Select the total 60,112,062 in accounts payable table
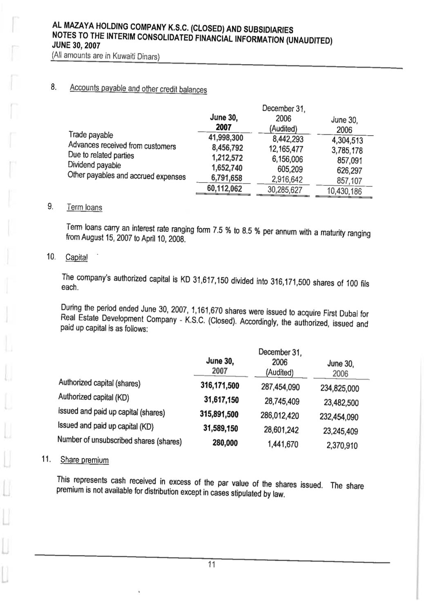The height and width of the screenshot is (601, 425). pos(224,189)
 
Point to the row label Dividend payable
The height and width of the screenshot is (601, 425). pos(94,165)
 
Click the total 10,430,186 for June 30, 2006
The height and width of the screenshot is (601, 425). pos(344,191)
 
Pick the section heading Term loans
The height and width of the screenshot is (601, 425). pos(85,208)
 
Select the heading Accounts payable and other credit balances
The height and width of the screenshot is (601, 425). pos(138,89)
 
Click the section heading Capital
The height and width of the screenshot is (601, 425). pos(76,257)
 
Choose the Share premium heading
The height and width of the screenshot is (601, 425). pos(85,460)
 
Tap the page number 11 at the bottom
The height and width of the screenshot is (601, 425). pos(212,565)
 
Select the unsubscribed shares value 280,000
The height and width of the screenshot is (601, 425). pos(225,443)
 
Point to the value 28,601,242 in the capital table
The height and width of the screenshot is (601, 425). pos(281,430)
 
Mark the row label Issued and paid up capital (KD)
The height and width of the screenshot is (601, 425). pos(106,426)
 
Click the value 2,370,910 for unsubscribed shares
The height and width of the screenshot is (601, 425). pos(342,445)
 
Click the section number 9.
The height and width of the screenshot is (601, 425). pos(50,206)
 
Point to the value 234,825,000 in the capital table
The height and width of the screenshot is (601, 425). pos(340,388)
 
